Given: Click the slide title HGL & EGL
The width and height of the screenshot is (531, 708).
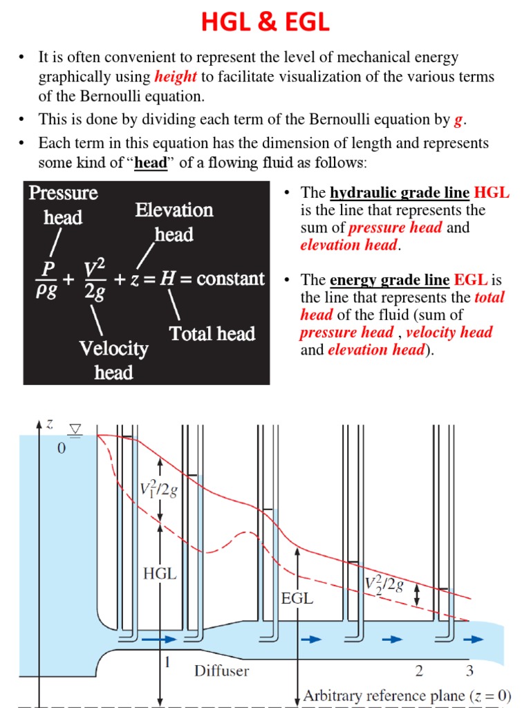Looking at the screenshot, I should click(265, 23).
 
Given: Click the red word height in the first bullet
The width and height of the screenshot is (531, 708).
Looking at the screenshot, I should click(176, 77).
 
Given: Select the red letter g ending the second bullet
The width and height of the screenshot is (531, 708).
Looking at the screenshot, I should click(457, 120).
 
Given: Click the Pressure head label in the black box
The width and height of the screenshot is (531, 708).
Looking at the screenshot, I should click(63, 205).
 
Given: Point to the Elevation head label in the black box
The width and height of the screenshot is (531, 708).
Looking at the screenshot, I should click(174, 222).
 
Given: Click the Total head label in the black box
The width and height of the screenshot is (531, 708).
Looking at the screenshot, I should click(212, 334).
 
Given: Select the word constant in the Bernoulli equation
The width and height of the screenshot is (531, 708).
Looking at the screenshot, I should click(230, 279).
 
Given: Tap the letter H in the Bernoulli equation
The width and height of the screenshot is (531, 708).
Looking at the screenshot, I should click(166, 279).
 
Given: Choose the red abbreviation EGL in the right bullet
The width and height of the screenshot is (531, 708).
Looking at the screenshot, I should click(471, 280).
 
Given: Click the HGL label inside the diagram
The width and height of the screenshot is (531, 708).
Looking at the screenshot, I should click(160, 573).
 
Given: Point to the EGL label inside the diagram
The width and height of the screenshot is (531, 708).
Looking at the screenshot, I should click(297, 599).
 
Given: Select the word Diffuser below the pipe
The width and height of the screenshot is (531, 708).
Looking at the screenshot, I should click(221, 670).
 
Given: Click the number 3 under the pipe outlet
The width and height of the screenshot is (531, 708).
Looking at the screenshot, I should click(469, 670).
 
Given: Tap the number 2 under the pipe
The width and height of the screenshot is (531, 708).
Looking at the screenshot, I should click(419, 670).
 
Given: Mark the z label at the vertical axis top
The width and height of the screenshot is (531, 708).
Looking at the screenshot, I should click(49, 424).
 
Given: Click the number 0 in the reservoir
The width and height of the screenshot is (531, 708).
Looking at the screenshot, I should click(62, 449).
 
